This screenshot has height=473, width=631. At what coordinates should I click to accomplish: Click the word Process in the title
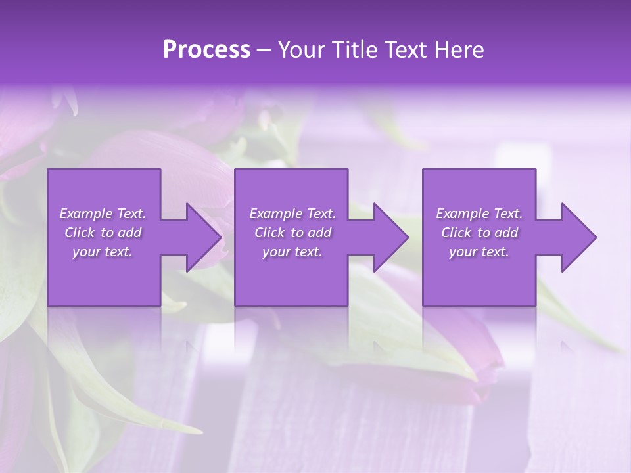coord(206,50)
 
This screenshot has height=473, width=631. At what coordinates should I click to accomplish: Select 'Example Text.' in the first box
coord(103,214)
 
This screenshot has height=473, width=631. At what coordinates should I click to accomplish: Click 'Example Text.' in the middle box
coord(292,214)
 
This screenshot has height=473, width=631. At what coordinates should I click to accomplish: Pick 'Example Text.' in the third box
coord(479,214)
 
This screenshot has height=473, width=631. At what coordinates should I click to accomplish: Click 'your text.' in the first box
coord(103,252)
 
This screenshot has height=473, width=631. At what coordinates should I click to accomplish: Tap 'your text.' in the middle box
coord(292,252)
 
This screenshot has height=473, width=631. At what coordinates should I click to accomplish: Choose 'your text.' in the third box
coord(479,252)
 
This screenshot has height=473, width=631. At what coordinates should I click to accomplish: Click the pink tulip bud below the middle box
coord(483,388)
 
